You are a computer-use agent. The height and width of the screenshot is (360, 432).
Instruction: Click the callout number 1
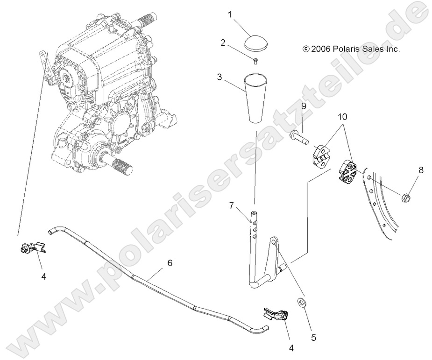click(x=229, y=14)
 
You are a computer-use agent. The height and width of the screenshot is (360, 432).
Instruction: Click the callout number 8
click(x=421, y=170)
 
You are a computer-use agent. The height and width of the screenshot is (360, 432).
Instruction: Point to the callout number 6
click(x=170, y=263)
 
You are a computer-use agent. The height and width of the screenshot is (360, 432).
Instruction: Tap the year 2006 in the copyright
click(x=321, y=49)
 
